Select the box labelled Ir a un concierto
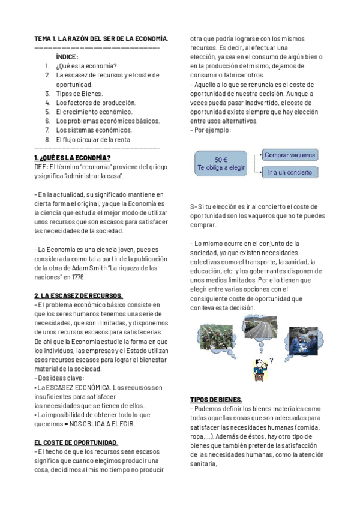[290, 172]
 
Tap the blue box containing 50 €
[221, 164]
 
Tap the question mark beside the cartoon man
[271, 361]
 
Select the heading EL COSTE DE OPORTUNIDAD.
[76, 442]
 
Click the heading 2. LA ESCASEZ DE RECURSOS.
[79, 296]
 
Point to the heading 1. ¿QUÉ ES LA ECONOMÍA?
[72, 158]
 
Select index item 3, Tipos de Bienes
[79, 94]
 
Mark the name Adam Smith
[88, 268]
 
